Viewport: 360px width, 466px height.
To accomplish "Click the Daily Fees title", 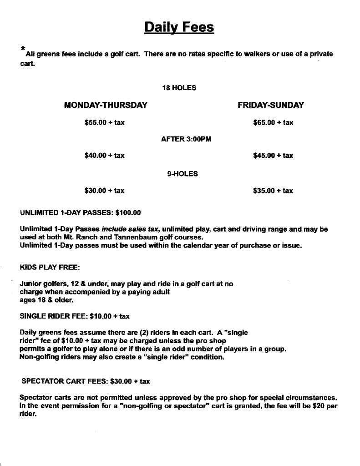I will pyautogui.click(x=179, y=27).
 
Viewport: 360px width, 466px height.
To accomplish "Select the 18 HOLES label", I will pyautogui.click(x=179, y=88).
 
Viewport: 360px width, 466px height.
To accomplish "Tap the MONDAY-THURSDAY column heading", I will pyautogui.click(x=106, y=105).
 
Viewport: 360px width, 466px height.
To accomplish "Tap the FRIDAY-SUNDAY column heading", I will pyautogui.click(x=270, y=105).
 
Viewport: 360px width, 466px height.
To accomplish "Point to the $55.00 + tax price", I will pyautogui.click(x=105, y=122).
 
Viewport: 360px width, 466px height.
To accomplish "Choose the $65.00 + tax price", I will pyautogui.click(x=273, y=122).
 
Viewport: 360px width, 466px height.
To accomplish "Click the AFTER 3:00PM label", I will pyautogui.click(x=186, y=139).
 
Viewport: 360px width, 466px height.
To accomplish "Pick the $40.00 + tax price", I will pyautogui.click(x=105, y=156).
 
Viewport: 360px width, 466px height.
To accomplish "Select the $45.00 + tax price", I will pyautogui.click(x=273, y=156).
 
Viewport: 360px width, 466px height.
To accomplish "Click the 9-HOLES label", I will pyautogui.click(x=183, y=173).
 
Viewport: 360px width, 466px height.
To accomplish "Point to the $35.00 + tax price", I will pyautogui.click(x=273, y=191).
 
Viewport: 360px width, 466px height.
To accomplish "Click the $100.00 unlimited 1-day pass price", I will pyautogui.click(x=128, y=213).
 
